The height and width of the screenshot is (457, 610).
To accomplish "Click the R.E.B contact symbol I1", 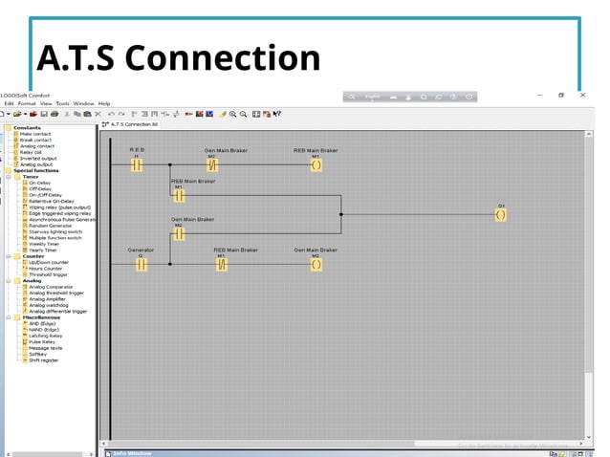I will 137,164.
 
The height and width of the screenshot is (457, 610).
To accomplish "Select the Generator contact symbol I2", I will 141,264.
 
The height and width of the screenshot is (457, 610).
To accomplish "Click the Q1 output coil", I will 500,215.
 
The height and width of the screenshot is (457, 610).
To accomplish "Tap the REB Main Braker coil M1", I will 316,164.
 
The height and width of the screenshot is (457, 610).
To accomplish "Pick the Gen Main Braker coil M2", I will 316,264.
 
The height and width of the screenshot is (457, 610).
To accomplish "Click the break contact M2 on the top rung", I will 212,164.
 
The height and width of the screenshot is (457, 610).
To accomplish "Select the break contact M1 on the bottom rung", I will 221,264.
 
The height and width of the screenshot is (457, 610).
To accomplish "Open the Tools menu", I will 62,103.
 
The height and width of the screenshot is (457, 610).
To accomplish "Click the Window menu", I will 83,103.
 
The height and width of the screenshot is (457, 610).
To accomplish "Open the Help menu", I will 104,103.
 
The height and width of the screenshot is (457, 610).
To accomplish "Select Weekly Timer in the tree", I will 44,244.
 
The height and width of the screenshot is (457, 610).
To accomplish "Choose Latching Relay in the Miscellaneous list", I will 46,336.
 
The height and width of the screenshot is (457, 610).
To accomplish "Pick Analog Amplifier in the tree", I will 47,298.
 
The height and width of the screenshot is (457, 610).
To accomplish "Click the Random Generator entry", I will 50,226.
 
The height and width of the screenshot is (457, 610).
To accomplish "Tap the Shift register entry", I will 43,359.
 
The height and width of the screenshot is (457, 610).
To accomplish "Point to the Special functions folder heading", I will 35,170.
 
